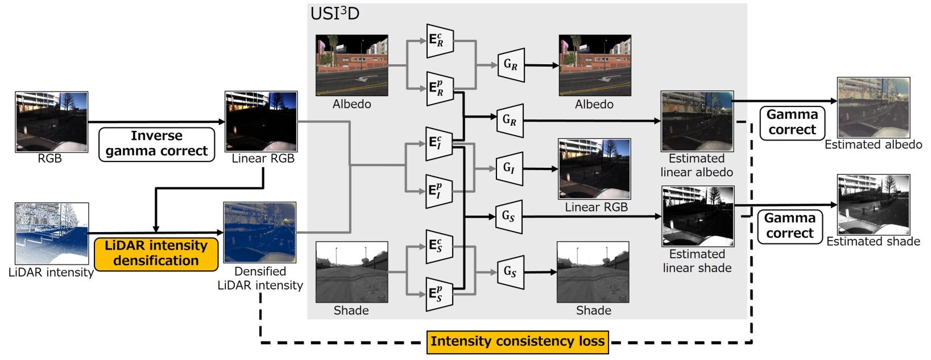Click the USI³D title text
[334, 13]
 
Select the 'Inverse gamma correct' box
[156, 144]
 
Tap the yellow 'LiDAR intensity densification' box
[156, 254]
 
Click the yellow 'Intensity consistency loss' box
[517, 341]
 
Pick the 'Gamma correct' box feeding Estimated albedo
[792, 122]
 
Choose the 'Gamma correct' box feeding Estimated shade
[789, 226]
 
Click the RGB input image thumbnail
[51, 122]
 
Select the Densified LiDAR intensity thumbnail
[260, 233]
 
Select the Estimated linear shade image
[697, 216]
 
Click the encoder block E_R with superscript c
[440, 40]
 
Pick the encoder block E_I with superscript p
[439, 191]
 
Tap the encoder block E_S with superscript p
[439, 294]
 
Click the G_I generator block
[510, 168]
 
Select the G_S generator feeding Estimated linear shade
[510, 216]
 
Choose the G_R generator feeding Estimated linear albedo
[510, 121]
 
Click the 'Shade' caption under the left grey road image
[351, 311]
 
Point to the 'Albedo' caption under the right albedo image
[594, 104]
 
